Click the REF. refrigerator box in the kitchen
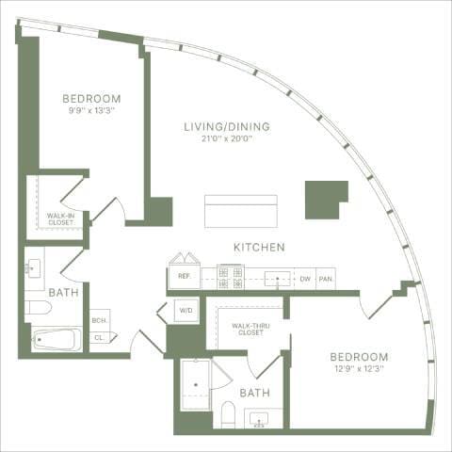click(183, 277)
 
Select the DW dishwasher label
click(304, 279)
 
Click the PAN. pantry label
click(326, 279)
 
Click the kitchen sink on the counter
click(277, 278)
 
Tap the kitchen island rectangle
click(241, 210)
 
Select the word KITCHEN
click(259, 248)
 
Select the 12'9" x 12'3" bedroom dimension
click(358, 369)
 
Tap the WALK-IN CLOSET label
click(61, 218)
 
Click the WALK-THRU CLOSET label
click(248, 328)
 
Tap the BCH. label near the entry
click(99, 321)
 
